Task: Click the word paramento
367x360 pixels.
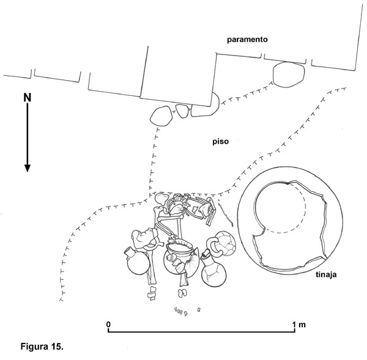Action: (x=247, y=40)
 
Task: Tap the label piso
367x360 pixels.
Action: (x=220, y=142)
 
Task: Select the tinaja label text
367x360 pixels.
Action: (x=326, y=274)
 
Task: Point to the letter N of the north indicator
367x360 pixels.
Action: (x=27, y=98)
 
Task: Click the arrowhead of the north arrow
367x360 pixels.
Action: (x=28, y=168)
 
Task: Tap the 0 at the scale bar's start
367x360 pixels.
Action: (x=108, y=325)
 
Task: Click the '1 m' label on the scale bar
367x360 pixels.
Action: (x=298, y=325)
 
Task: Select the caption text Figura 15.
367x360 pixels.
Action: (x=42, y=346)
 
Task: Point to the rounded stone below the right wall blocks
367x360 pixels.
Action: (x=288, y=75)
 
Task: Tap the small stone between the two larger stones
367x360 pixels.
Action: (x=182, y=111)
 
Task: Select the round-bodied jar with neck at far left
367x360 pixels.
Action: (x=138, y=261)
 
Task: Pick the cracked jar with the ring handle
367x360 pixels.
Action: (x=223, y=244)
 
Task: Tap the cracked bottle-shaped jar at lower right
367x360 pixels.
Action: (x=213, y=268)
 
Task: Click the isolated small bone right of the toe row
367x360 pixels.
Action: (x=199, y=310)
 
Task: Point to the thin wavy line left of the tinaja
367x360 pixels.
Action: (x=226, y=213)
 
